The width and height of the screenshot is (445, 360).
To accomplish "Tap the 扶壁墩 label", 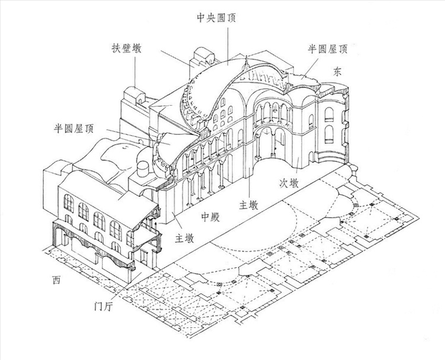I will [126, 48].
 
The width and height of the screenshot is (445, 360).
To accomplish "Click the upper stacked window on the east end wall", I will [329, 114].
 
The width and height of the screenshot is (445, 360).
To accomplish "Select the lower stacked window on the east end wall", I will [328, 135].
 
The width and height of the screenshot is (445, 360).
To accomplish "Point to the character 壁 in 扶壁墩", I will [126, 48].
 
